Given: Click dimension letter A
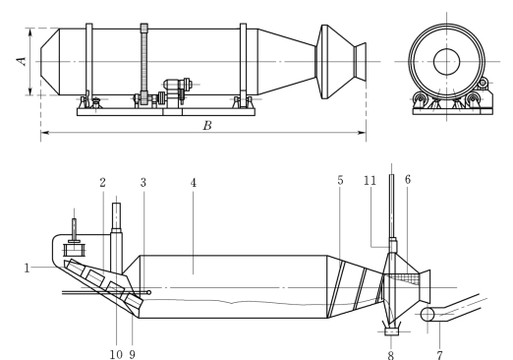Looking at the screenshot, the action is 22,61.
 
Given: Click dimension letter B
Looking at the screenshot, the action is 207,125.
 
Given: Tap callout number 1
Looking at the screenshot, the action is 27,269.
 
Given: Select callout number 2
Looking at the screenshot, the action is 103,182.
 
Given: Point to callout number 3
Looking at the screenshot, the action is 143,183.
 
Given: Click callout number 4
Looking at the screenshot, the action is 194,183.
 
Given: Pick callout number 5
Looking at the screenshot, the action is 340,180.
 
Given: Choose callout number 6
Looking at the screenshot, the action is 408,179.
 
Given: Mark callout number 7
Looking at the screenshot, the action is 439,355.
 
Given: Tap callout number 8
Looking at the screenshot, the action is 391,355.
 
